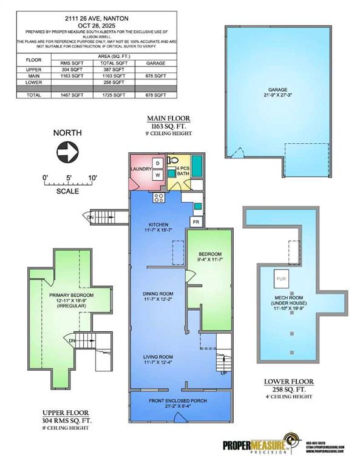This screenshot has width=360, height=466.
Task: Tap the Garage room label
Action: [279, 92]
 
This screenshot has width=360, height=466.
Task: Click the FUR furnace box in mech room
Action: [280, 279]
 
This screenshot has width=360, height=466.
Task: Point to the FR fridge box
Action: [195, 222]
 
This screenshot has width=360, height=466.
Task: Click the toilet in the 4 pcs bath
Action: [173, 162]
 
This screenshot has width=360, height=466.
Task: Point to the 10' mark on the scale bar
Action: [93, 177]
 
